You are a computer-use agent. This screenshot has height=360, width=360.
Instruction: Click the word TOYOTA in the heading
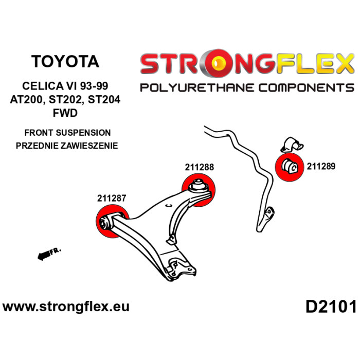coord(65,61)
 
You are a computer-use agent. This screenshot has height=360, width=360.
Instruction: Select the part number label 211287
coord(112,197)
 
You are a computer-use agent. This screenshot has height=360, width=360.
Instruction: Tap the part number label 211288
coord(200,167)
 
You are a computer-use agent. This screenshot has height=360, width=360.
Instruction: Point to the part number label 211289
coord(321,166)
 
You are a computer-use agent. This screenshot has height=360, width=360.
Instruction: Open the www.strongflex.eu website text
coord(66,307)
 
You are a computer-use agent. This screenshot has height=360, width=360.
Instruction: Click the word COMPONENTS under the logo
coord(305,87)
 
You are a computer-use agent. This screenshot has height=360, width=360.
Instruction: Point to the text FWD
coord(65,113)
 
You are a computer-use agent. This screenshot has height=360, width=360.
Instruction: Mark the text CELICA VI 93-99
coord(65,86)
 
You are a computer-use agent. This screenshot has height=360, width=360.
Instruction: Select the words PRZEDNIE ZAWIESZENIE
coord(67,146)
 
